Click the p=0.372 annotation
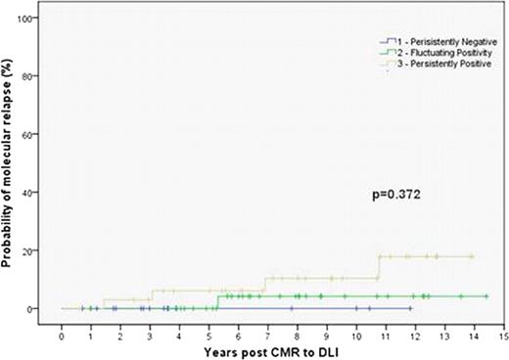point(397,195)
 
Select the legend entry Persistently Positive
point(437,64)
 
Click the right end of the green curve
point(486,296)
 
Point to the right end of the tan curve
point(473,256)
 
